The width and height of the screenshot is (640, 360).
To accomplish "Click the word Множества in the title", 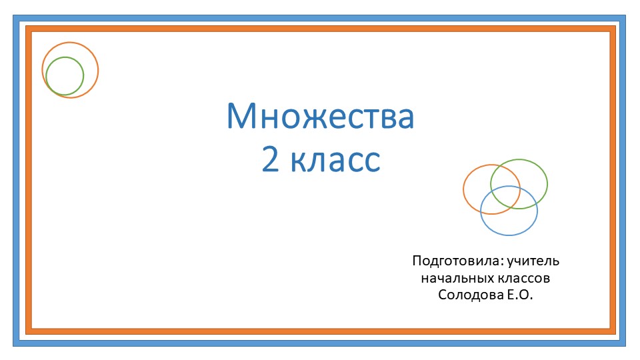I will click(320, 117).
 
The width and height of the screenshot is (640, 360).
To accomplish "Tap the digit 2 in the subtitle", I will click(270, 161).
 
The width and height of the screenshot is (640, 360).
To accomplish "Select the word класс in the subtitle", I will click(335, 161).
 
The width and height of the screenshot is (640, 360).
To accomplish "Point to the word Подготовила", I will click(457, 261).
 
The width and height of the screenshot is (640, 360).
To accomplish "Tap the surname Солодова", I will click(467, 295).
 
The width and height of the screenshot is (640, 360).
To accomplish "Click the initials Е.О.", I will click(519, 295).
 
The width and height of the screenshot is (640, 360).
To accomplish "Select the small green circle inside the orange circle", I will click(65, 75).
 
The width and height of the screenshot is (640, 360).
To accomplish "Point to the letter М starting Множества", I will click(241, 117).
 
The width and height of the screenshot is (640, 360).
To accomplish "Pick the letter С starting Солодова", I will click(443, 295).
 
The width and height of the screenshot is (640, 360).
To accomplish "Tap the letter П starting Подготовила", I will click(417, 261).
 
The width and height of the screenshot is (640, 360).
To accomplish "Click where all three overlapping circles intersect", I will click(506, 194).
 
